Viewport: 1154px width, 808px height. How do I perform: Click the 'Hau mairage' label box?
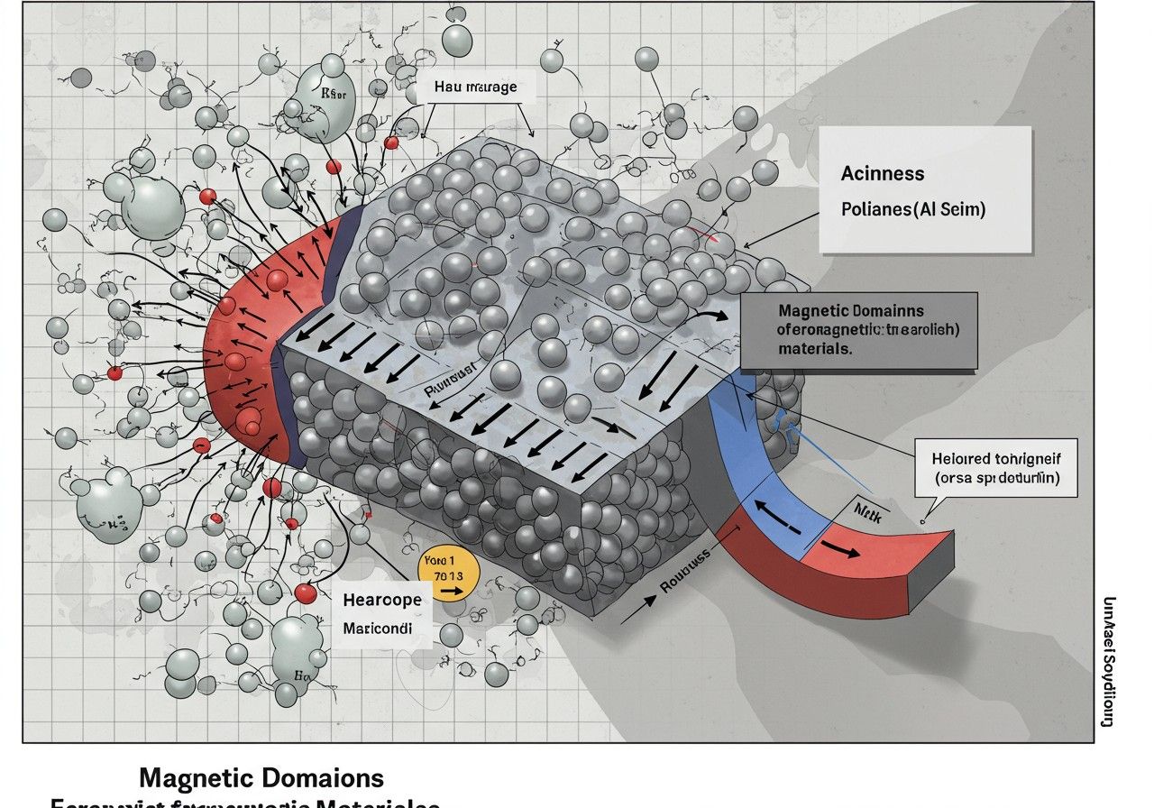tap(475, 87)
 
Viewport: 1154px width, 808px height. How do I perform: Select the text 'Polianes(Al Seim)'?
tap(912, 209)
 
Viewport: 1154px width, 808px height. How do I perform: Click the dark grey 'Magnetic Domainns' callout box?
tap(858, 330)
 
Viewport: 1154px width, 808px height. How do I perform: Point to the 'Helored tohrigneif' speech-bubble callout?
tap(996, 467)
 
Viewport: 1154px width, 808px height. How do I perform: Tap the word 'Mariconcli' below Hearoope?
tap(378, 629)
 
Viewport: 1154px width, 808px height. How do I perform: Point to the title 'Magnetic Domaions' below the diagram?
tap(261, 777)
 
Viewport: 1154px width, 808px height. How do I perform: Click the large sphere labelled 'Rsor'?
tap(327, 101)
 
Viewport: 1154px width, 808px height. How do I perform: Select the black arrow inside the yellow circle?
tap(448, 592)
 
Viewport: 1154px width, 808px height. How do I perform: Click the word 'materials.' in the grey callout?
tap(814, 348)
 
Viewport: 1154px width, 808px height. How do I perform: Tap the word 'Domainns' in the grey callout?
tap(893, 311)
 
